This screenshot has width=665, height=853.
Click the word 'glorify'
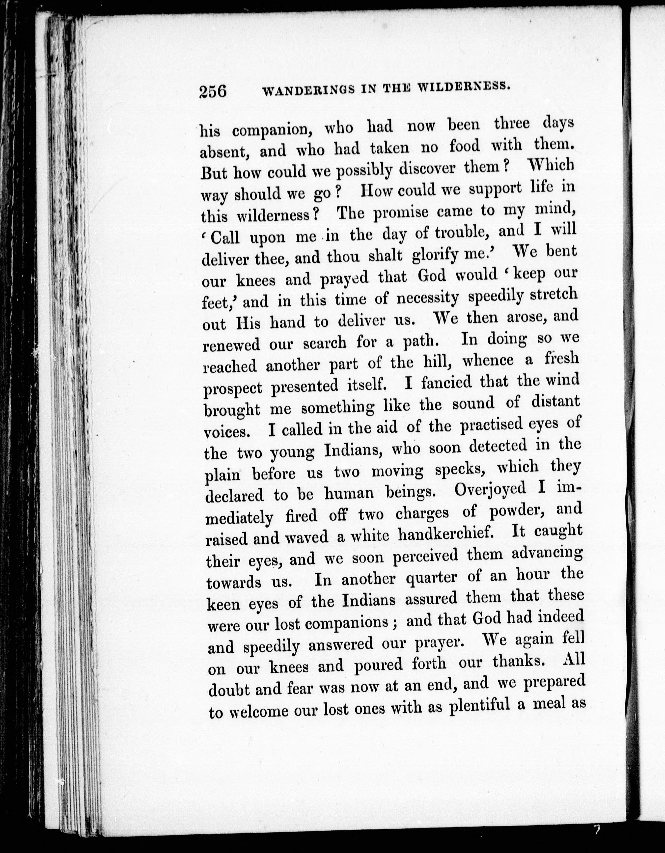[x=435, y=255]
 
